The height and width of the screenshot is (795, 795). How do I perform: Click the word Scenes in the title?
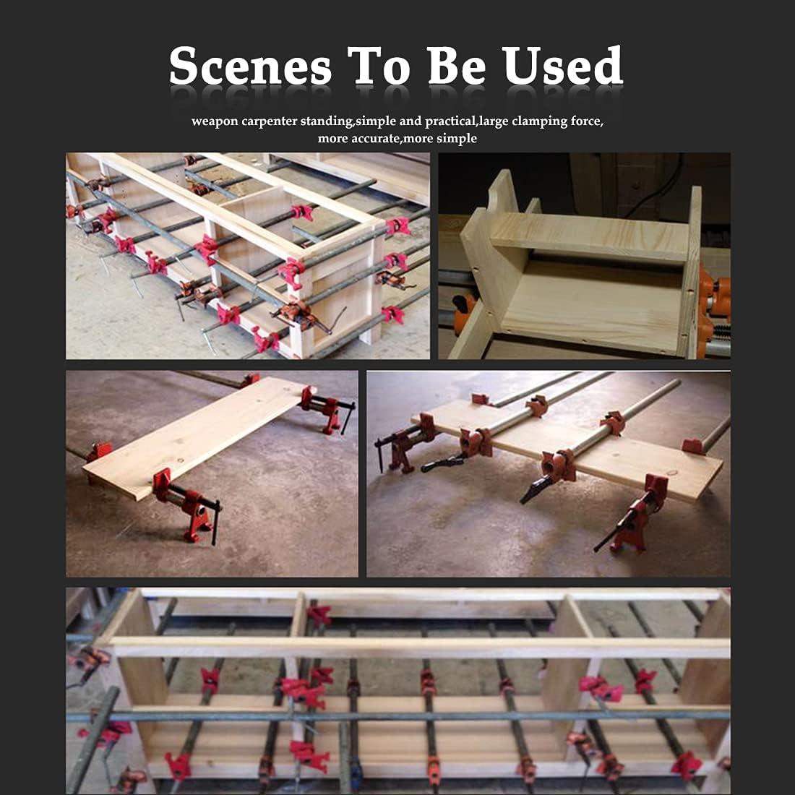(x=250, y=66)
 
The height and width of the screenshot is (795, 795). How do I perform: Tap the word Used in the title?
(x=562, y=65)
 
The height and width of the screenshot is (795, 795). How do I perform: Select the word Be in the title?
(x=456, y=65)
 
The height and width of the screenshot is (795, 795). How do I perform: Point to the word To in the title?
(x=379, y=66)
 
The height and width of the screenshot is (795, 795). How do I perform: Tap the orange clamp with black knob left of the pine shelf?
(x=465, y=311)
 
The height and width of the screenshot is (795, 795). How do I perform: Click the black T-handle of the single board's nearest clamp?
(x=217, y=523)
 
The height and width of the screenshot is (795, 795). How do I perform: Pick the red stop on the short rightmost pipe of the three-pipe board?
(x=692, y=446)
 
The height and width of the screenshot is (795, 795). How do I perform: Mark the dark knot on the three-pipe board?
(x=674, y=473)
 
